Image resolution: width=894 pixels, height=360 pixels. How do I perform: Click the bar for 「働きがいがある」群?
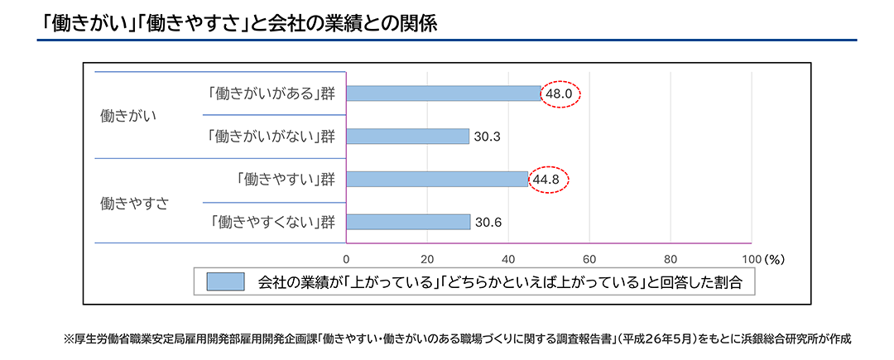[x=443, y=94]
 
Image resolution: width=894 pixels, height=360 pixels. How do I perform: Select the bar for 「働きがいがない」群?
[x=407, y=136]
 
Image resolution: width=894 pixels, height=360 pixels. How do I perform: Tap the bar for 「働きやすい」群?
[x=437, y=179]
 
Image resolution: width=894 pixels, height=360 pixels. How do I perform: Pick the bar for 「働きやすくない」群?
[x=408, y=222]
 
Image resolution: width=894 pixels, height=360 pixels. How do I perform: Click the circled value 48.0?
[x=559, y=94]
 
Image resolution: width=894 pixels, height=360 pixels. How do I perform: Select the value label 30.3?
[x=488, y=137]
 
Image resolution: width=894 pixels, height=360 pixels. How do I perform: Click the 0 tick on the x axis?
[x=347, y=257]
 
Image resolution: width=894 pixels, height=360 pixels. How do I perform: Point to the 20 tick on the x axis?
[x=428, y=257]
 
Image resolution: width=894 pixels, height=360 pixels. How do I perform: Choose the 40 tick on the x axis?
[x=509, y=257]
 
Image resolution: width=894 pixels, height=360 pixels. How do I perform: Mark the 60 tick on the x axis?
[x=589, y=257]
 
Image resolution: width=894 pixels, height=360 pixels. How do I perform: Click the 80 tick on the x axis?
[x=670, y=257]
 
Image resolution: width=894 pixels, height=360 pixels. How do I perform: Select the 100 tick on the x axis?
[x=749, y=257]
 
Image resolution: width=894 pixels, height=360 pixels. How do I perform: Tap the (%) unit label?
[x=774, y=257]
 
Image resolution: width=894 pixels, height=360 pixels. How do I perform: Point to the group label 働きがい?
[x=127, y=116]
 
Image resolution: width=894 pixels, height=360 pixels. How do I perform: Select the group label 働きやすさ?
[x=133, y=201]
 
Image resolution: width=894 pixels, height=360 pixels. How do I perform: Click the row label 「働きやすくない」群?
[x=272, y=222]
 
